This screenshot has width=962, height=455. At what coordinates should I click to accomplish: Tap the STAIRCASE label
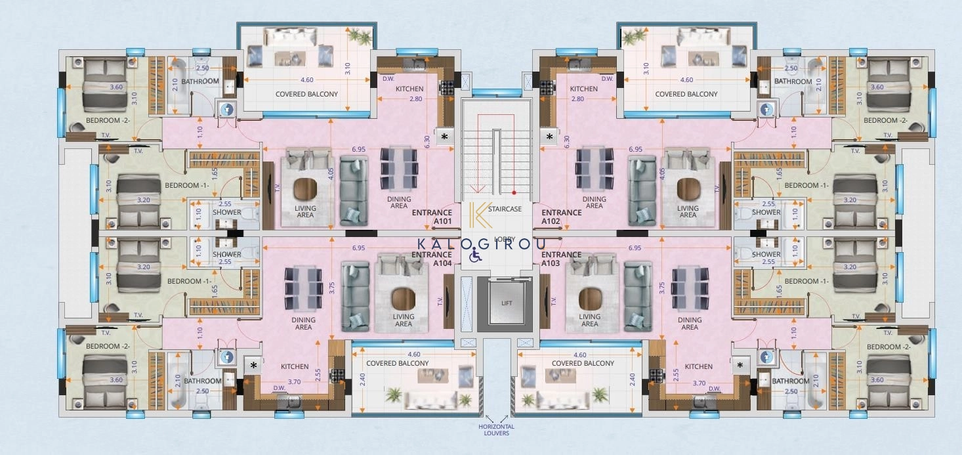509,209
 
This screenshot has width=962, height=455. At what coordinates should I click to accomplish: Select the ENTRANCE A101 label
432,217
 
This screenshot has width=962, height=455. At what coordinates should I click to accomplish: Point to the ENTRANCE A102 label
562,217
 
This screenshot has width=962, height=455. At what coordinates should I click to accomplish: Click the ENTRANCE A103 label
562,259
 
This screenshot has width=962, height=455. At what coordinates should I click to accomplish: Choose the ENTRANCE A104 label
432,259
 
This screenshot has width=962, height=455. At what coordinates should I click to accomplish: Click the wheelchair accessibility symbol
474,256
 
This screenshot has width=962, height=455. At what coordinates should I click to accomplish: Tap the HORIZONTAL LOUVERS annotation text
496,430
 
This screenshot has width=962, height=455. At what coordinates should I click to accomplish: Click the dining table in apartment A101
399,168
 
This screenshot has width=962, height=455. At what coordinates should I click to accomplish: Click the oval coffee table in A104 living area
403,299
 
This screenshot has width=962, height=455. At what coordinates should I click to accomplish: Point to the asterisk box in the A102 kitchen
550,137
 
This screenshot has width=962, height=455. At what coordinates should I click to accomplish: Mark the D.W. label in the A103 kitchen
715,389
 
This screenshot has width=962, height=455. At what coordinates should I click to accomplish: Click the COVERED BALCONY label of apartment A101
306,94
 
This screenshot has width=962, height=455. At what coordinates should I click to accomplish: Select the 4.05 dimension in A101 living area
331,174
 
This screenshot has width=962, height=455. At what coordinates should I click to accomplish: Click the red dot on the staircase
514,193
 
